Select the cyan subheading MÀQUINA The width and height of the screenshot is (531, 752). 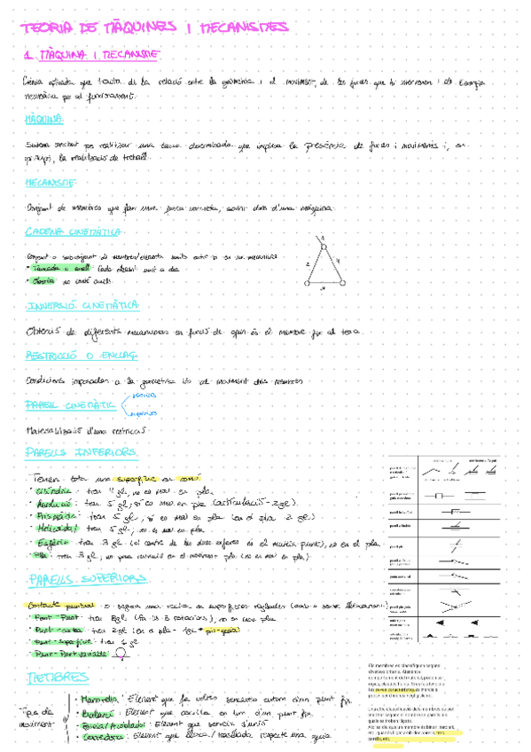44,118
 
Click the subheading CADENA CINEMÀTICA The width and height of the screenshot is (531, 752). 74,232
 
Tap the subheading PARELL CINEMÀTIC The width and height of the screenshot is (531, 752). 72,404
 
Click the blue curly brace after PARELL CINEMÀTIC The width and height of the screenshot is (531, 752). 123,403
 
